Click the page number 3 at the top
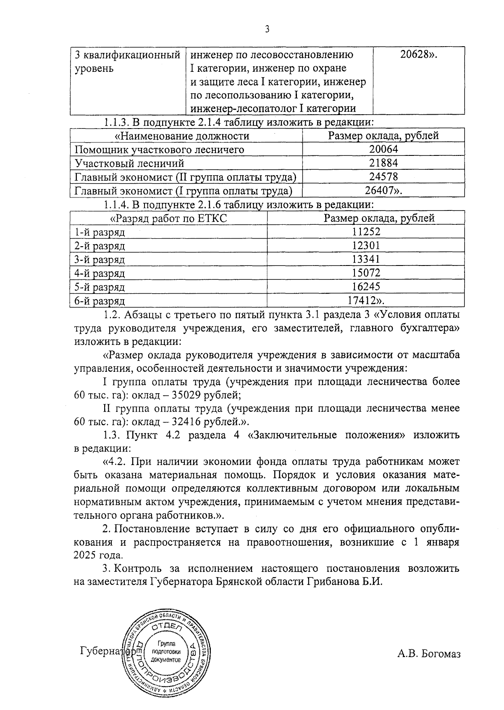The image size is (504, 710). [x=267, y=29]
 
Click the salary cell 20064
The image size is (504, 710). [x=383, y=149]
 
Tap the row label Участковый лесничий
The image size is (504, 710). [x=129, y=163]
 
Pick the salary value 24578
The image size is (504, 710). [x=383, y=177]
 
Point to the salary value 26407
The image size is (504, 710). [x=380, y=191]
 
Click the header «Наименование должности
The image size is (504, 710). [x=182, y=136]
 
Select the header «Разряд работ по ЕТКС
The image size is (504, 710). [x=168, y=218]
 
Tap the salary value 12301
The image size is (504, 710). [x=366, y=245]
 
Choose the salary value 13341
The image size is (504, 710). [x=366, y=259]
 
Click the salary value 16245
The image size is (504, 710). [x=366, y=287]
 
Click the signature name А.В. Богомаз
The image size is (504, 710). [x=428, y=654]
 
